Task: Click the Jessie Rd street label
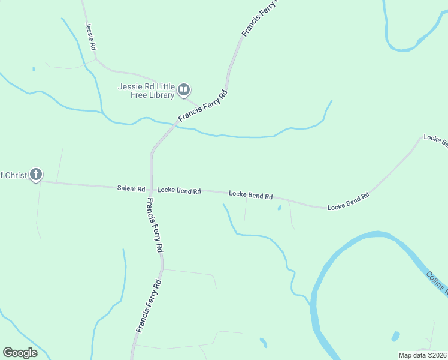click(91, 36)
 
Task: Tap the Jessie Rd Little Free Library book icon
click(183, 91)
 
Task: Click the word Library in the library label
click(159, 95)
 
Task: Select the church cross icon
click(36, 175)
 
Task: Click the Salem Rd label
click(131, 188)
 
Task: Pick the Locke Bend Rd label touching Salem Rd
click(178, 190)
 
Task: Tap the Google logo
click(20, 353)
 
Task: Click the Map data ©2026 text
click(423, 355)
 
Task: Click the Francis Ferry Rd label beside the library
click(204, 107)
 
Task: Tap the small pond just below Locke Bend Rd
click(279, 209)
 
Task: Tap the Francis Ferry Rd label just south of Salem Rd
click(155, 224)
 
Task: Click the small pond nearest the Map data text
click(395, 336)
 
